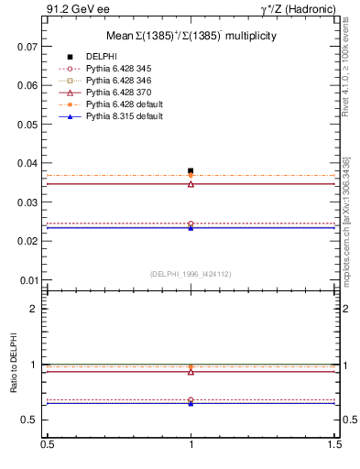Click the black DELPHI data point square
click(x=191, y=170)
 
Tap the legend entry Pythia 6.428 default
click(x=124, y=104)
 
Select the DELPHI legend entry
click(x=101, y=57)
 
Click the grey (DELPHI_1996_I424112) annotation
click(x=191, y=274)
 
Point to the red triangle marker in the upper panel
click(x=191, y=184)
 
